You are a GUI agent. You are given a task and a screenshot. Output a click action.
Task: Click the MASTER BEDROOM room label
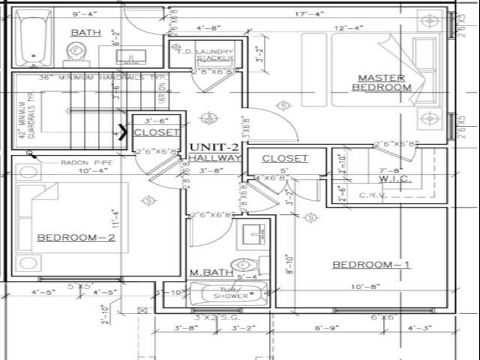click(382, 82)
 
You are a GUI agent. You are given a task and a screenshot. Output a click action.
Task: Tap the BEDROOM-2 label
click(76, 237)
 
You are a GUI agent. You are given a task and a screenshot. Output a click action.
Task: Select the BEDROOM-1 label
click(371, 265)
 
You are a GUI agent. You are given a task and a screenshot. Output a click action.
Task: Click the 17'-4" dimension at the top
click(310, 14)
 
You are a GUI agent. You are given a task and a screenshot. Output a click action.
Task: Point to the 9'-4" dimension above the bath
click(84, 14)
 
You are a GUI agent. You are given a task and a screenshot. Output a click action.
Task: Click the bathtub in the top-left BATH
click(33, 37)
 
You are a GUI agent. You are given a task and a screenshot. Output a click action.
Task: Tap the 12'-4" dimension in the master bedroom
click(349, 28)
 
